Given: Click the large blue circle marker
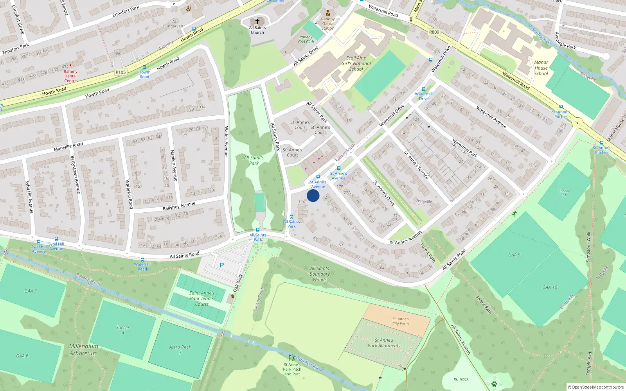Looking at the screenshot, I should click(313, 195).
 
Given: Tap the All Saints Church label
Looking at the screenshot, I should click(257, 30).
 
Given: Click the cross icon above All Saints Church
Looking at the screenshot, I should click(257, 21).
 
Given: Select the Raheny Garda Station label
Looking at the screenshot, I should click(328, 23).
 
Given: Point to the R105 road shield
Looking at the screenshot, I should click(121, 72).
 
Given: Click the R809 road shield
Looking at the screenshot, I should click(434, 32).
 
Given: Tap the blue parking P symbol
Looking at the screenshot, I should click(222, 265).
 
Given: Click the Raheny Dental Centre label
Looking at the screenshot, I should click(70, 76).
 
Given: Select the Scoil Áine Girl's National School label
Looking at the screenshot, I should click(356, 63).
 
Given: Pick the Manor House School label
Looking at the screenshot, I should click(541, 68).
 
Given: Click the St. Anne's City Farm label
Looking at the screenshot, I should click(401, 321).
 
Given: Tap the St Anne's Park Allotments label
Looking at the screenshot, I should click(384, 343).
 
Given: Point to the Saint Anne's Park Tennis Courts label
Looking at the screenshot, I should click(202, 298).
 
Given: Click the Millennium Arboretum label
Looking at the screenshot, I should click(84, 350).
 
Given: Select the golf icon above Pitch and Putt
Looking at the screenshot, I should click(291, 358).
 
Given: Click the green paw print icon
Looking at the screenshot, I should click(494, 384).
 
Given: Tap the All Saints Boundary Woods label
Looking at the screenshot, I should click(320, 274).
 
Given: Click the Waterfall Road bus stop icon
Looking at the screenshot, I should click(142, 260).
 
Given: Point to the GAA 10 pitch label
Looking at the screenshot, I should click(550, 287).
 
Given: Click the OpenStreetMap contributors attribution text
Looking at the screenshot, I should click(596, 387).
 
